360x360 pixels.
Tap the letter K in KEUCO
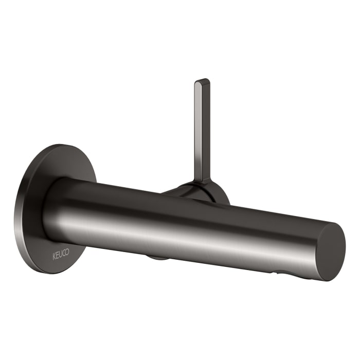(x=54, y=253)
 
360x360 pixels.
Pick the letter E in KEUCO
(x=57, y=254)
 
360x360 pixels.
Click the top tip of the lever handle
(x=202, y=81)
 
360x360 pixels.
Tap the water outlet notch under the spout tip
(x=280, y=272)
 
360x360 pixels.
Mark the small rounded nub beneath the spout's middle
(x=157, y=257)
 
